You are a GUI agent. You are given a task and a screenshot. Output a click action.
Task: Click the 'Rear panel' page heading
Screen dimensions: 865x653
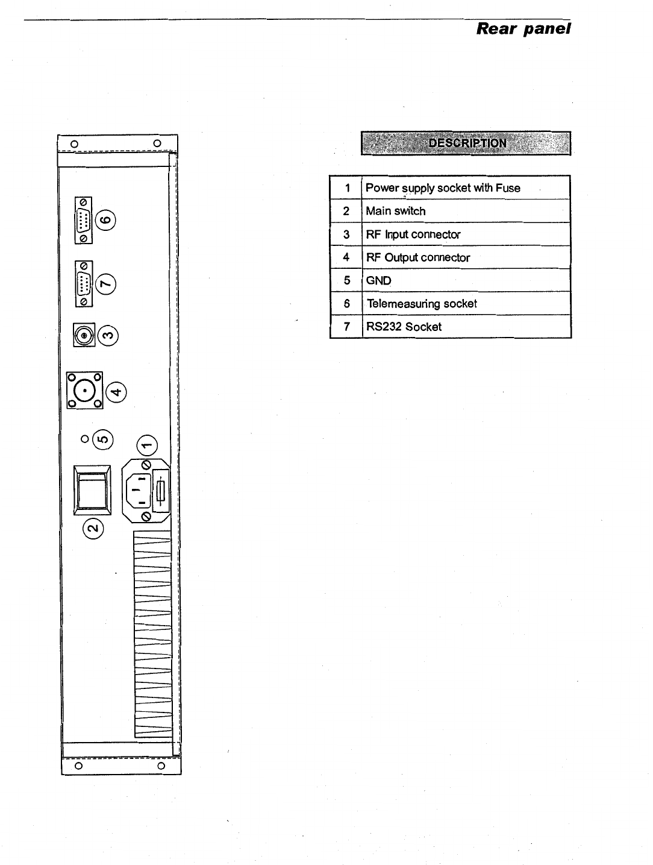523,28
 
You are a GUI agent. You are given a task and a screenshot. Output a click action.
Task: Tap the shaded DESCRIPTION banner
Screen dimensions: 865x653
466,143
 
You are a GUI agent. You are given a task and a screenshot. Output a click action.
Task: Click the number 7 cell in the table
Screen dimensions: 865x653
346,327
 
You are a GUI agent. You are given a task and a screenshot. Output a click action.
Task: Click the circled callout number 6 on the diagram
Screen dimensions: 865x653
107,219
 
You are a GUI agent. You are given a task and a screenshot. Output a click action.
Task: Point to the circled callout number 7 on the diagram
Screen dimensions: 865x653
106,283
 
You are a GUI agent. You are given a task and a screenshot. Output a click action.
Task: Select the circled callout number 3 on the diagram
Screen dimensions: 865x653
108,335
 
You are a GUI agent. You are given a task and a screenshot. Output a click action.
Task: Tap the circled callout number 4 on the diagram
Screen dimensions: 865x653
116,392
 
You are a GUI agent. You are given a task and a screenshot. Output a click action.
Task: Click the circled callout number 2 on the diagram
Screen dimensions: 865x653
93,529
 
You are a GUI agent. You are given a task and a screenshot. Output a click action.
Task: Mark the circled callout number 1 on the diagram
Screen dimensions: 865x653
147,445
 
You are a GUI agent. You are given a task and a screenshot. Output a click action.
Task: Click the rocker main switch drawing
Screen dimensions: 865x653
92,490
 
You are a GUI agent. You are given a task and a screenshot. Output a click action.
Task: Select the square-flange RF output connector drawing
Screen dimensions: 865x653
85,391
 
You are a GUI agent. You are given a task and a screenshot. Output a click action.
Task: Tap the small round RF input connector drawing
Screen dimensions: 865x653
84,335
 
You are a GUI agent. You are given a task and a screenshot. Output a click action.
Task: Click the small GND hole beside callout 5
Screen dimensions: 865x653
85,438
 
